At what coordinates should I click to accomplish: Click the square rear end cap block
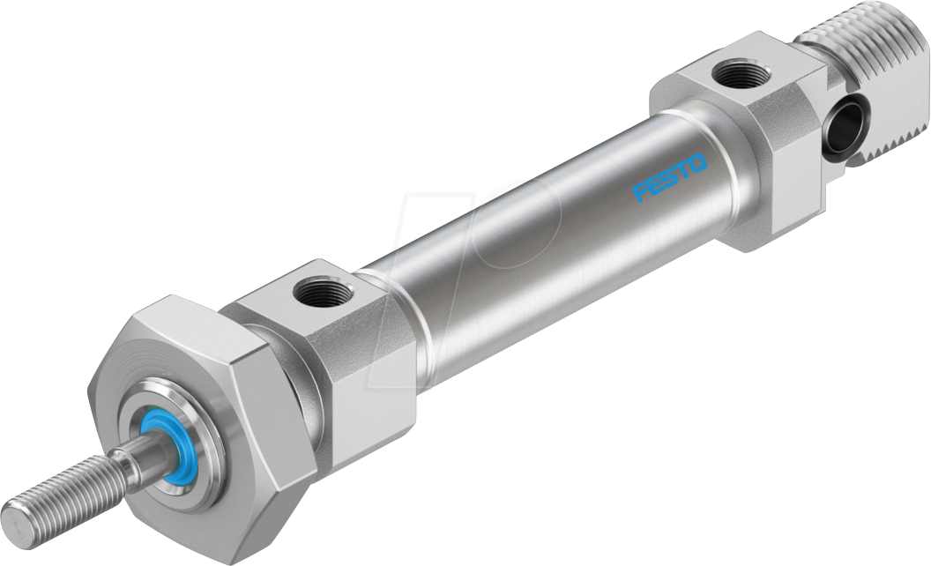point(749,141)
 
